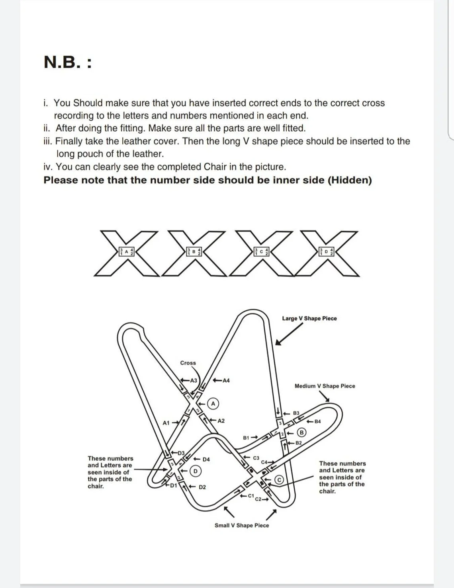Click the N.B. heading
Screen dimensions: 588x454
(67, 62)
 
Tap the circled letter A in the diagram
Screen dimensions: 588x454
(213, 403)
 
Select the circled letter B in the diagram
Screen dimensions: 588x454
(302, 432)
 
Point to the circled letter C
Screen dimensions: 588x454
(280, 480)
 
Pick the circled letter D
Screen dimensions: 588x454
(195, 471)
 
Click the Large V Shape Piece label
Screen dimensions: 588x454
(309, 318)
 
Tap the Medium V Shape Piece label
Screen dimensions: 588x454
(325, 386)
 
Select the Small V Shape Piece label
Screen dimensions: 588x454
(242, 526)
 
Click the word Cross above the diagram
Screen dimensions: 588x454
(188, 363)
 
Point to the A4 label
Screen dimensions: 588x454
(226, 380)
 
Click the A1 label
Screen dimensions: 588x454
(166, 422)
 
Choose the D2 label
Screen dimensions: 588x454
(202, 487)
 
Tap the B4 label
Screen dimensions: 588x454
(317, 421)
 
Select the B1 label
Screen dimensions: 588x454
(247, 438)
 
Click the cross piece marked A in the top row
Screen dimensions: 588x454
(126, 252)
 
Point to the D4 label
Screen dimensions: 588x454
(206, 459)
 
